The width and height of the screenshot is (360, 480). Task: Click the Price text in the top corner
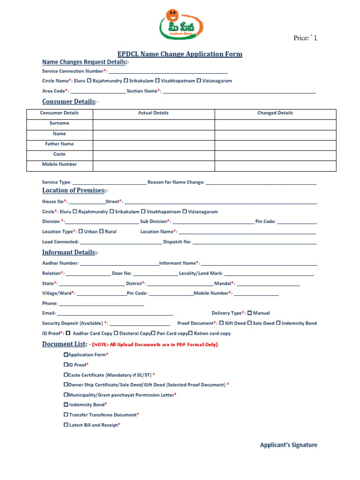click(305, 38)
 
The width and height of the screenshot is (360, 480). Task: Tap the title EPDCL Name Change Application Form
click(180, 54)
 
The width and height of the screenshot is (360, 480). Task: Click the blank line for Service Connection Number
click(168, 72)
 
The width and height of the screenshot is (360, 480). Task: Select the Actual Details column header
click(153, 113)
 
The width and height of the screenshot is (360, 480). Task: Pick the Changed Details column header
click(275, 113)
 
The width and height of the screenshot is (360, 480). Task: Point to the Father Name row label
click(59, 144)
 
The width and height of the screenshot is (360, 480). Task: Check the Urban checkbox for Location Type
click(81, 231)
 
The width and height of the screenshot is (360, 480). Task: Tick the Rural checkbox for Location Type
click(101, 231)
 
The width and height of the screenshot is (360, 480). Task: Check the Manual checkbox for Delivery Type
click(249, 313)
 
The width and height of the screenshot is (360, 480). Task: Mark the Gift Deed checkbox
click(221, 323)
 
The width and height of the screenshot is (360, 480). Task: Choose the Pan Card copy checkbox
click(153, 333)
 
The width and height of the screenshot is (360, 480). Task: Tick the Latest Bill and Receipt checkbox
click(66, 425)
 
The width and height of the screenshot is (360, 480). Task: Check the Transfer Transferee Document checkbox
click(66, 414)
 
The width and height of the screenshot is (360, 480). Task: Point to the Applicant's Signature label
click(288, 445)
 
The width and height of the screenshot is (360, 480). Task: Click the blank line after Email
click(115, 314)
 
